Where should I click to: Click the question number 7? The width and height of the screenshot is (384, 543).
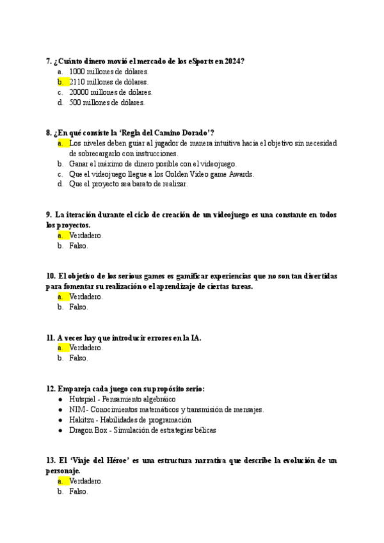pyautogui.click(x=49, y=61)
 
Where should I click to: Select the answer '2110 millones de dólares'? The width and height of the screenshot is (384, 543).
pyautogui.click(x=109, y=82)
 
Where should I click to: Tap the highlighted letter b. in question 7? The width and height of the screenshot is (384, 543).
pyautogui.click(x=61, y=82)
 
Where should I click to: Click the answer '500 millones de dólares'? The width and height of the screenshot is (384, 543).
pyautogui.click(x=107, y=102)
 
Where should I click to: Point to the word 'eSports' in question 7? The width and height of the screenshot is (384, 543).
pyautogui.click(x=202, y=61)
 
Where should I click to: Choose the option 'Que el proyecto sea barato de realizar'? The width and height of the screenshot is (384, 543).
pyautogui.click(x=128, y=184)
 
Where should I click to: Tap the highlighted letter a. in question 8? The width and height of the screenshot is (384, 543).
pyautogui.click(x=61, y=143)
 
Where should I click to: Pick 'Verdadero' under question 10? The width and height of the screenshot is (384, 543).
pyautogui.click(x=86, y=296)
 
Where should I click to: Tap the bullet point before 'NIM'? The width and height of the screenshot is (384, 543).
pyautogui.click(x=60, y=409)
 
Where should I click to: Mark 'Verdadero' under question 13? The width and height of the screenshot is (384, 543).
pyautogui.click(x=86, y=481)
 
